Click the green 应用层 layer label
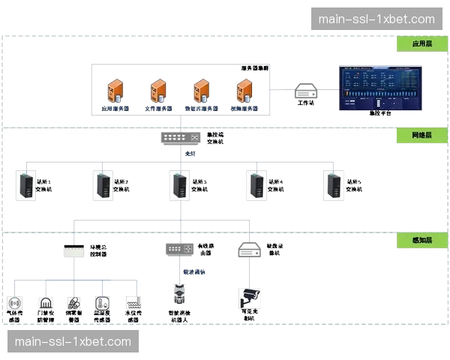click(422, 44)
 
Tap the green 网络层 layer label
click(422, 136)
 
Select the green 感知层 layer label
click(422, 240)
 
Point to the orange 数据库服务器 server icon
click(202, 91)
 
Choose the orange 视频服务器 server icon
click(244, 91)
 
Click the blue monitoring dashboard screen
click(379, 91)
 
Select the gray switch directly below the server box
click(181, 138)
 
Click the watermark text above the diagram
click(376, 19)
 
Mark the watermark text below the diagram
click(73, 341)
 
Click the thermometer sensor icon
click(103, 303)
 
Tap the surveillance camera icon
click(249, 298)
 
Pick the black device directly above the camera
click(250, 248)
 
